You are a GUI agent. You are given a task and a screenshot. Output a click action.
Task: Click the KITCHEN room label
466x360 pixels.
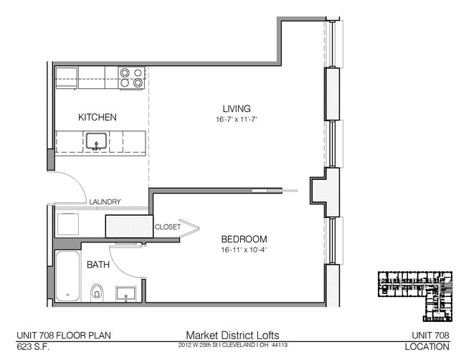(x=98, y=117)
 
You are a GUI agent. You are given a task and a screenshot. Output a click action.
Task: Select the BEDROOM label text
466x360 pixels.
(x=244, y=239)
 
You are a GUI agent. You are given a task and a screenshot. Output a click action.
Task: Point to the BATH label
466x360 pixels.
(x=98, y=265)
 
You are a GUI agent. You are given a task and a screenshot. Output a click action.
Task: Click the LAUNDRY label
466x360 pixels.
(x=105, y=202)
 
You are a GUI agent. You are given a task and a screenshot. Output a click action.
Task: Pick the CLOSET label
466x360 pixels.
(x=168, y=227)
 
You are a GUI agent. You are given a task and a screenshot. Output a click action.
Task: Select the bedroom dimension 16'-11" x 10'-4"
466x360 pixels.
(x=244, y=250)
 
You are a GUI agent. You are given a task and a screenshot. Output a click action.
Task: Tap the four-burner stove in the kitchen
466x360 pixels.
(x=131, y=77)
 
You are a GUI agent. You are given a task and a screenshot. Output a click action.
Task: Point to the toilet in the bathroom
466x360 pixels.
(x=98, y=292)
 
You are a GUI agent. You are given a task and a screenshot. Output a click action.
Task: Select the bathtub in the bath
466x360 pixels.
(x=69, y=276)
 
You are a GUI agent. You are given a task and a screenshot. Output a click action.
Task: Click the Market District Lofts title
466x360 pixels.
(x=233, y=335)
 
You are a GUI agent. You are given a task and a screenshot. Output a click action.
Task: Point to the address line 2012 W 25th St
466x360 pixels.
(x=233, y=346)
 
